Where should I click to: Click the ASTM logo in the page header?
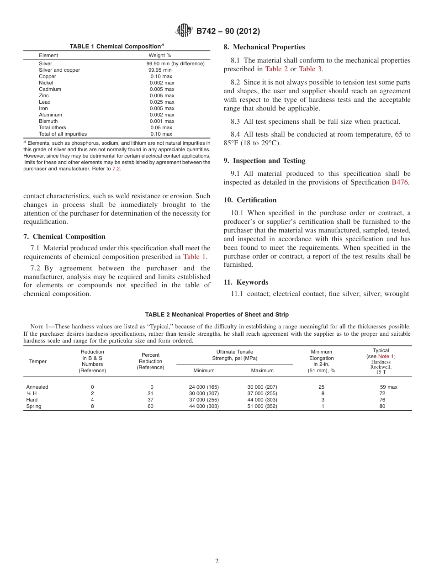point(185,31)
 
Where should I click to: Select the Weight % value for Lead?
point(162,102)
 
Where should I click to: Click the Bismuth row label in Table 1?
point(48,121)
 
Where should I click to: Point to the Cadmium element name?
point(50,89)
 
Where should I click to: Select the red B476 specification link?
point(400,182)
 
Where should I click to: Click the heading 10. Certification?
point(250,200)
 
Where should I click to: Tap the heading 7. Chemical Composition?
point(64,237)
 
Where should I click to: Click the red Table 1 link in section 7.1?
point(194,257)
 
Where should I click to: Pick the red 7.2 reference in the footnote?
point(116,169)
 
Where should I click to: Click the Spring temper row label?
point(33,406)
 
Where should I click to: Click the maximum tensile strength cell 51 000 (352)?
point(262,406)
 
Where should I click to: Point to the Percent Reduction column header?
point(150,361)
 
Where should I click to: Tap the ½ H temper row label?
point(32,393)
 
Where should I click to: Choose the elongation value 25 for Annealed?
point(321,387)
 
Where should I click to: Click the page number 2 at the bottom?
point(217,561)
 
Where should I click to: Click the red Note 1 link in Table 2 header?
point(386,356)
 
